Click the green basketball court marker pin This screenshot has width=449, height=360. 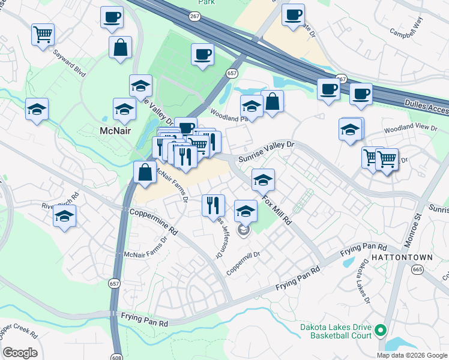[380, 330]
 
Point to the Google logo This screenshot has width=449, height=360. [20, 353]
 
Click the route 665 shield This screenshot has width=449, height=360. [418, 270]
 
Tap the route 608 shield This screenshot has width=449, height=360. [117, 355]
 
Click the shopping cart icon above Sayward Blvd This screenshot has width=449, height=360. [43, 34]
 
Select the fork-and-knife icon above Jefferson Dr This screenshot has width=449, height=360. [213, 205]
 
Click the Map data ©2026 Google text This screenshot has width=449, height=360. [411, 355]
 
